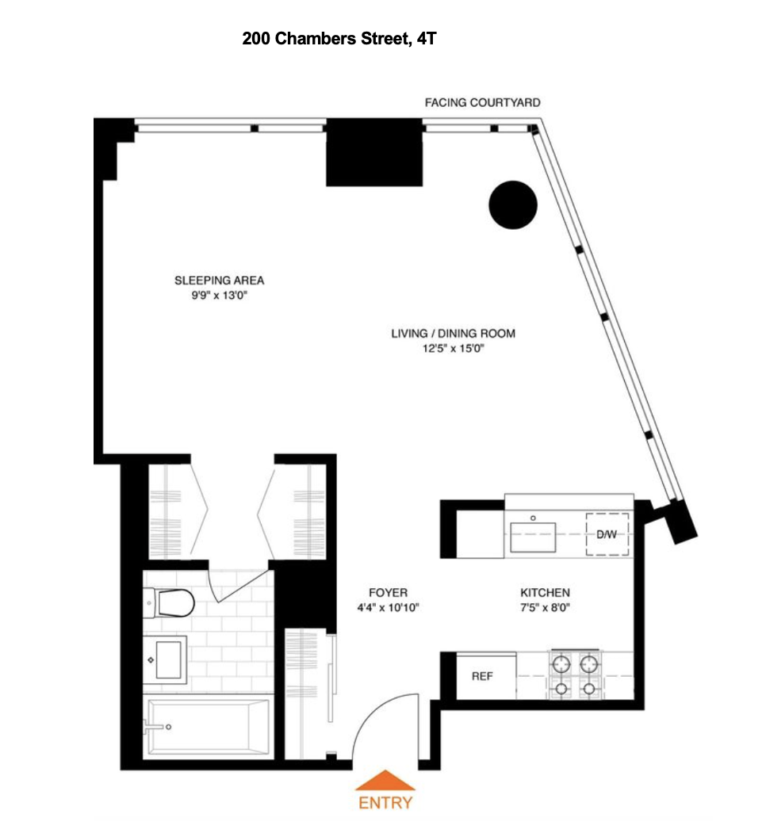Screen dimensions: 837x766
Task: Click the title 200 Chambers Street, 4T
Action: [339, 38]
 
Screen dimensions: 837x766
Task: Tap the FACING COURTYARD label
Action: [482, 103]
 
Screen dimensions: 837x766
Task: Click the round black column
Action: [512, 204]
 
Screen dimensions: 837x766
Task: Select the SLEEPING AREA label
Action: [219, 281]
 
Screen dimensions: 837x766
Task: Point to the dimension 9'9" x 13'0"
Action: [219, 296]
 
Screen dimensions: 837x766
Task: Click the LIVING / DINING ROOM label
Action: [453, 334]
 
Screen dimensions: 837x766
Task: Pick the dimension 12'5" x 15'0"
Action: [453, 349]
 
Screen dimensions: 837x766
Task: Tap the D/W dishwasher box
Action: [607, 534]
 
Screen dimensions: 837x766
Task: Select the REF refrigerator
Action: [484, 677]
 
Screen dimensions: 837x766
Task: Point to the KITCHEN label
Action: [545, 593]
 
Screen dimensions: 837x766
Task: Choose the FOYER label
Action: [388, 593]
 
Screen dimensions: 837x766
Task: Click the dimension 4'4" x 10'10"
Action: [388, 608]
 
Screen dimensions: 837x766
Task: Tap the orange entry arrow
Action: [385, 780]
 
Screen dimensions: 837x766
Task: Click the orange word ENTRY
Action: [385, 802]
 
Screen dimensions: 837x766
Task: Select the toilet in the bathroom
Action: [172, 604]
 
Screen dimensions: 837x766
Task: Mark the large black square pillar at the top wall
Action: [373, 152]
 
